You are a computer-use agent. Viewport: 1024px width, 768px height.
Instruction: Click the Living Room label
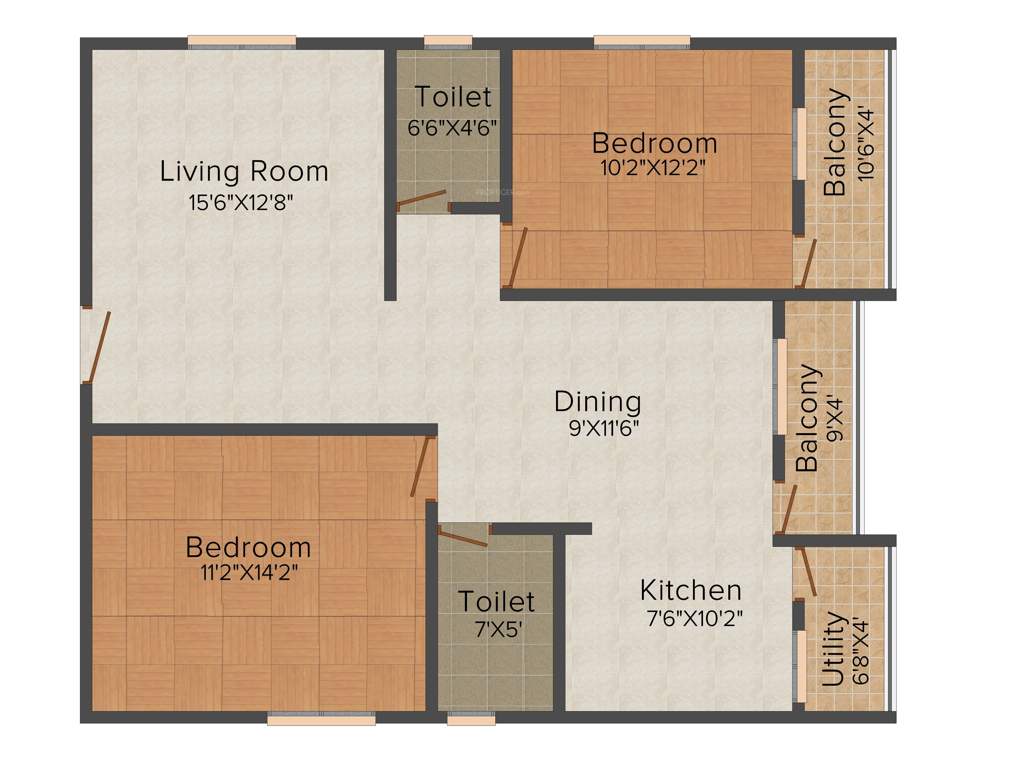pyautogui.click(x=244, y=171)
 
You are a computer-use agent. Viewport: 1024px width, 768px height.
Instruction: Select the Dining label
pyautogui.click(x=597, y=401)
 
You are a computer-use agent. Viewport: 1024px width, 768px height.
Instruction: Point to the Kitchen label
pyautogui.click(x=691, y=589)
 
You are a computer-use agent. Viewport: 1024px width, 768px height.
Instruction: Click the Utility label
pyautogui.click(x=831, y=650)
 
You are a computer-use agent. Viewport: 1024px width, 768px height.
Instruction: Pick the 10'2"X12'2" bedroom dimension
pyautogui.click(x=653, y=168)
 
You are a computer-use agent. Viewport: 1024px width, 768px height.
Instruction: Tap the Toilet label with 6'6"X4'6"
pyautogui.click(x=453, y=97)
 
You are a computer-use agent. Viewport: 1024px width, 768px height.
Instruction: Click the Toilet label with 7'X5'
pyautogui.click(x=496, y=601)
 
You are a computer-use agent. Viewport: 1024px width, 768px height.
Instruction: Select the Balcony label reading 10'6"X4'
pyautogui.click(x=836, y=142)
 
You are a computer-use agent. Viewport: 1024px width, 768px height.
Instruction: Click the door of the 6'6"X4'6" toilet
pyautogui.click(x=421, y=202)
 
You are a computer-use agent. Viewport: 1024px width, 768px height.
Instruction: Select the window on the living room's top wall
pyautogui.click(x=242, y=42)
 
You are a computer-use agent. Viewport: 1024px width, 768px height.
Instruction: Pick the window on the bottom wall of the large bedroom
pyautogui.click(x=321, y=717)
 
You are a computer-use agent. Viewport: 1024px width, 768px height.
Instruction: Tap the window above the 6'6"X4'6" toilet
pyautogui.click(x=447, y=42)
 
